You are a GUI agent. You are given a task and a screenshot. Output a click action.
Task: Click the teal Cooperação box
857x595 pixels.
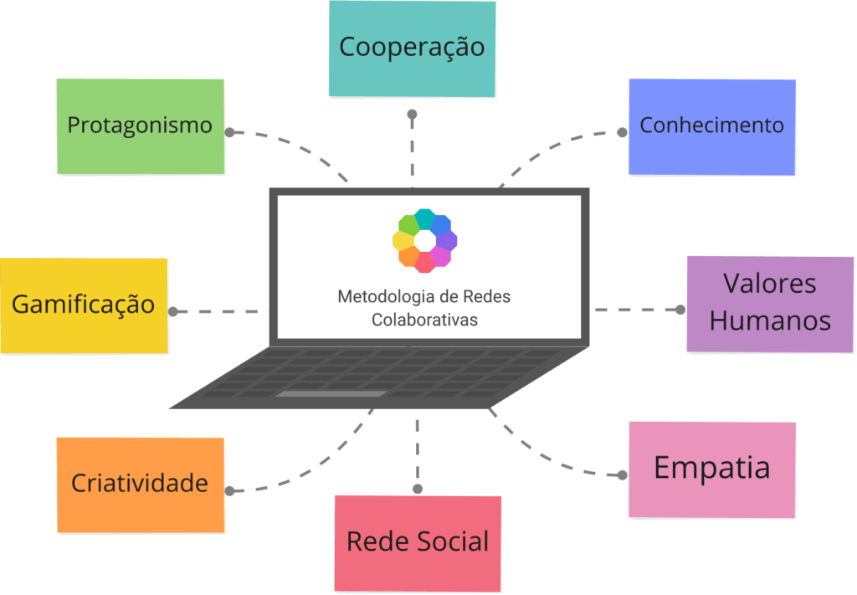[412, 48]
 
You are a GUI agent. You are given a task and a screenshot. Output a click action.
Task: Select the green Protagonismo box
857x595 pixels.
[141, 126]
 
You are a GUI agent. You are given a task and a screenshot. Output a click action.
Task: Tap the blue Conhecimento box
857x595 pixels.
[711, 126]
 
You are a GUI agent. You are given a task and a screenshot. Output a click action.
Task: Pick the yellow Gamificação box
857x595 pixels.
[83, 305]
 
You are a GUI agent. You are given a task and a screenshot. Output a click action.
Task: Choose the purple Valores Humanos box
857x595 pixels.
[770, 303]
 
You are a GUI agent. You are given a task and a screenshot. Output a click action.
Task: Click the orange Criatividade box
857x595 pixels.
[140, 484]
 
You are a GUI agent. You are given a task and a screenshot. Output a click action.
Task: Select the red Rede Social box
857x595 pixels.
[418, 541]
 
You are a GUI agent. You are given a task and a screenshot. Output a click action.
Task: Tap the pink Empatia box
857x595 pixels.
[712, 469]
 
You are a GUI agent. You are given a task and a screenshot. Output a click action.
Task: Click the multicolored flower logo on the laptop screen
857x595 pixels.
[424, 240]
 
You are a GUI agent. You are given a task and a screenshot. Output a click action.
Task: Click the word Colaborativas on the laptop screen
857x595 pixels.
[424, 320]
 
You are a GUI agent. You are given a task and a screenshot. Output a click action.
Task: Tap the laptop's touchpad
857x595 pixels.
[331, 394]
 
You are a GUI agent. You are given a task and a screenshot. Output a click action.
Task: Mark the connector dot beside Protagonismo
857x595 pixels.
[230, 132]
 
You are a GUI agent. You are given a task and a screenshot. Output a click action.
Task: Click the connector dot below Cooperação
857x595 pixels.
[412, 115]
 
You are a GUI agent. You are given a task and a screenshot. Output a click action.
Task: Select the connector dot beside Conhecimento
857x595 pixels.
[622, 131]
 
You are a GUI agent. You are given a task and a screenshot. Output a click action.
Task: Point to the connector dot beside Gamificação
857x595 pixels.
[173, 311]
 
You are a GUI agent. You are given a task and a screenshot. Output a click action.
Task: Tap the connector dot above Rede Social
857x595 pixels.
[418, 488]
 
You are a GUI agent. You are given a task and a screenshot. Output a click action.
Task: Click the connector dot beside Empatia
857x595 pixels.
[622, 474]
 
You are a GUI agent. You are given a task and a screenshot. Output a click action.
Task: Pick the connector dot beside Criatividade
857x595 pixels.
[230, 490]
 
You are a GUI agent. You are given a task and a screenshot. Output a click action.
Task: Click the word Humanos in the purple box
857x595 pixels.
[770, 321]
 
